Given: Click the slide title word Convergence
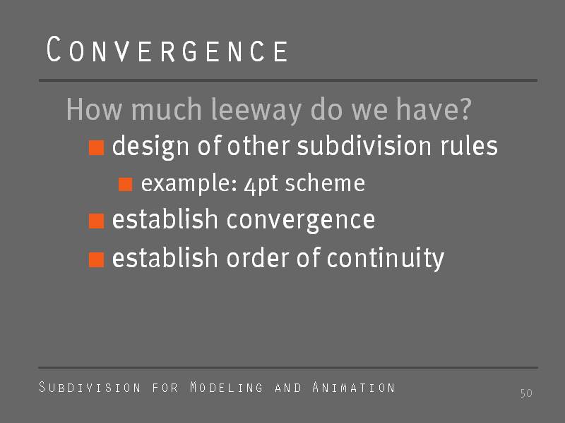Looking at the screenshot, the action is [167, 49].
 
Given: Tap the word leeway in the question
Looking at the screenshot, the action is [256, 110].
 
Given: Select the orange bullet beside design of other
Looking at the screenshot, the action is [96, 147].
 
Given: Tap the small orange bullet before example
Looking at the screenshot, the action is [126, 184].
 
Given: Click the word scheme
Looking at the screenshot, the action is [325, 183].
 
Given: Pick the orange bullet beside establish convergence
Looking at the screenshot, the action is [96, 221].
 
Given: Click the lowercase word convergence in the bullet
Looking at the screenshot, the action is [301, 219].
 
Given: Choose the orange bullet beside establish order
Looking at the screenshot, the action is [96, 259].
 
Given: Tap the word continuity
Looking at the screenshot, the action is [385, 257].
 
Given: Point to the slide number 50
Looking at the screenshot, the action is [526, 393].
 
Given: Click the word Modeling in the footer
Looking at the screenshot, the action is [227, 387].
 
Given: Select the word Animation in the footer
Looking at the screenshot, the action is [354, 387].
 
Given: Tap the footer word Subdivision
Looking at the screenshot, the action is [90, 387].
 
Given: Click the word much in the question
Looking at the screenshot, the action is [167, 109].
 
